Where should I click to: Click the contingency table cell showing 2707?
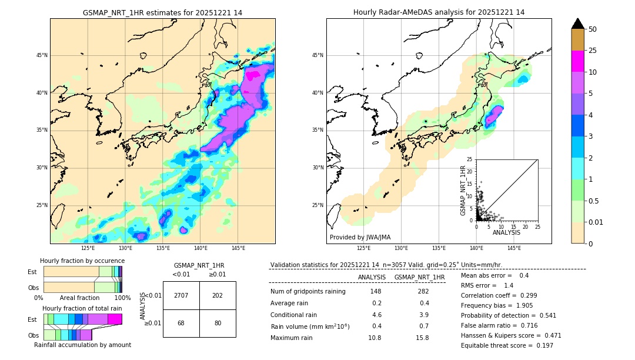[x=181, y=295]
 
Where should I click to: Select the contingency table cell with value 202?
[x=218, y=295]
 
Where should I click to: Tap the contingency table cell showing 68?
[x=181, y=323]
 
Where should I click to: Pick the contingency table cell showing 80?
[x=218, y=323]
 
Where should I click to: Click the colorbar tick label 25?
[x=593, y=51]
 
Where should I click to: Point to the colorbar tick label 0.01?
[x=596, y=222]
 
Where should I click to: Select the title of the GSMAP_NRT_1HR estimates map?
[x=162, y=12]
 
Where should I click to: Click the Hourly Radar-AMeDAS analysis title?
[x=439, y=12]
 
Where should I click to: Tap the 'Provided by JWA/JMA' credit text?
[x=360, y=237]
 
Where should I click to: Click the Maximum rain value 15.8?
[x=422, y=338]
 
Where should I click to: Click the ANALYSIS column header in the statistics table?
[x=372, y=277]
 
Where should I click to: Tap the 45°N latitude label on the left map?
[x=42, y=55]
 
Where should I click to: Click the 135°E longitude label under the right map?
[x=439, y=248]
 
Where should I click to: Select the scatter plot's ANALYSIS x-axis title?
[x=506, y=232]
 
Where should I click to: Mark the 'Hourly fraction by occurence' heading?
[x=82, y=261]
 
